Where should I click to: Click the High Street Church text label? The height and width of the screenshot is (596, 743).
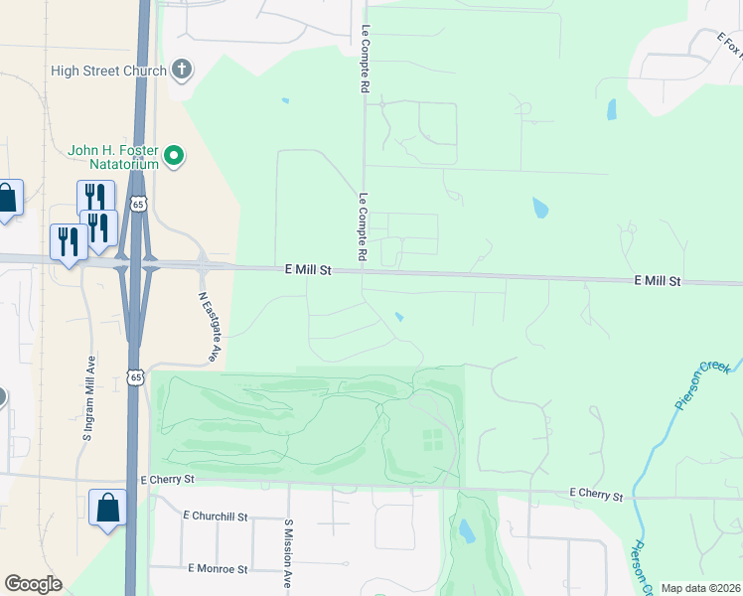pos(109,71)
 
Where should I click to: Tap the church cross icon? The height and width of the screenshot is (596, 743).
pos(181,70)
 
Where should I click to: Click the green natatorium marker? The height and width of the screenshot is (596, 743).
pos(175,156)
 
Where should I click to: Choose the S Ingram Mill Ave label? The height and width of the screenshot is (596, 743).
pos(88,397)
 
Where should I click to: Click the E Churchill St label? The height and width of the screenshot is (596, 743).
pos(215,517)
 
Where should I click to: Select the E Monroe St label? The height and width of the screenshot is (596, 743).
pos(217,568)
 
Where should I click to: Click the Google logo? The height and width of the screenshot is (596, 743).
pos(33,584)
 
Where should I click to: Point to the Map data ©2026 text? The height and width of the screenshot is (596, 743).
pos(700,588)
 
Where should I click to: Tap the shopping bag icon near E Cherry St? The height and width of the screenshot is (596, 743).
pos(107,508)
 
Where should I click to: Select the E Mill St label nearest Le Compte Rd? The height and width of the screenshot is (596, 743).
pos(307,269)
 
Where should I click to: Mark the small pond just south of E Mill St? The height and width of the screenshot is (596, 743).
pos(399,318)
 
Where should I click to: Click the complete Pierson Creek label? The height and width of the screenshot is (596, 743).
pos(702,385)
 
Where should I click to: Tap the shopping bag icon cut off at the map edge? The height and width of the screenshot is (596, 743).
pos(7,198)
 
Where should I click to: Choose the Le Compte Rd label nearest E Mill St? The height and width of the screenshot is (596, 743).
pos(364,228)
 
